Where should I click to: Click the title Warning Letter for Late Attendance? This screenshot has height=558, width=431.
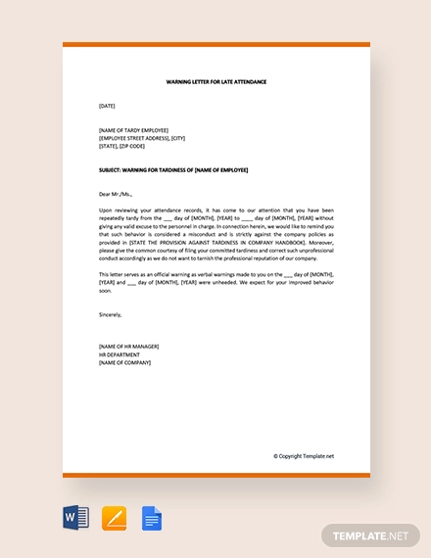pyautogui.click(x=216, y=82)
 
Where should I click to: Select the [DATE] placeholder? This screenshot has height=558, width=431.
pyautogui.click(x=107, y=106)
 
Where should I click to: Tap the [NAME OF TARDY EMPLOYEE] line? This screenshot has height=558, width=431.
pyautogui.click(x=133, y=130)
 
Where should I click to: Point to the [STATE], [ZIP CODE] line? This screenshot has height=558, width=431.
pyautogui.click(x=121, y=146)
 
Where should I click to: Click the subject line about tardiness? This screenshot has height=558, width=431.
pyautogui.click(x=173, y=169)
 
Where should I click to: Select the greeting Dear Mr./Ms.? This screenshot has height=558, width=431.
pyautogui.click(x=116, y=194)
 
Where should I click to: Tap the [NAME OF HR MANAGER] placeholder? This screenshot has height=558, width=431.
pyautogui.click(x=128, y=347)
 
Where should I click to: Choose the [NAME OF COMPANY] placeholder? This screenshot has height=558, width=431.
pyautogui.click(x=125, y=362)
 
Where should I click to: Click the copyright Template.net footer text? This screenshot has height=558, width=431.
pyautogui.click(x=303, y=455)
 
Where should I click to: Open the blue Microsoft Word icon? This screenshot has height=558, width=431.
pyautogui.click(x=76, y=518)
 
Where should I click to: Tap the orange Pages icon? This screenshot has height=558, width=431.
pyautogui.click(x=115, y=518)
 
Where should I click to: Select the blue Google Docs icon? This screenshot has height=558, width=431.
pyautogui.click(x=152, y=518)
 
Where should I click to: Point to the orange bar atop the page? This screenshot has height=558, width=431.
pyautogui.click(x=216, y=45)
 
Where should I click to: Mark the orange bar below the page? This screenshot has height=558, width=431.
pyautogui.click(x=216, y=475)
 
